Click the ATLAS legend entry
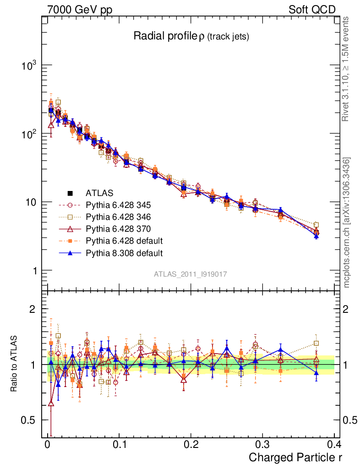[99, 193]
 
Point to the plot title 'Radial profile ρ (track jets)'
[191, 36]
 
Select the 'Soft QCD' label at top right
[312, 10]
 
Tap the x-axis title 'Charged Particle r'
[295, 457]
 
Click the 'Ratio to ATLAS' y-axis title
[14, 365]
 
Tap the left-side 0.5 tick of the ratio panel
[28, 420]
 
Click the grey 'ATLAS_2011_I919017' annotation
[191, 274]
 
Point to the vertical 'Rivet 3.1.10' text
[346, 69]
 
